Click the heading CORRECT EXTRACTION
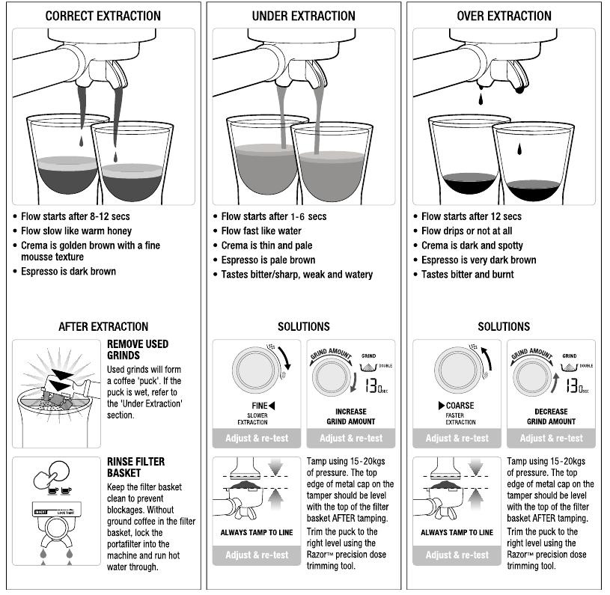coord(103,16)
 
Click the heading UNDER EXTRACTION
coord(303,16)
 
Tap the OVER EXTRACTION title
coord(504,16)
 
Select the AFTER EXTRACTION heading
coord(103,326)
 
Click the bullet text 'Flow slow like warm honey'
coord(76,231)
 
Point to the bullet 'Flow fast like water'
coord(261,231)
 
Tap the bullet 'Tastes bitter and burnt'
coord(468,275)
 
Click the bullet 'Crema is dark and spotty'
coord(472,245)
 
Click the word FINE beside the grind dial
coord(260,406)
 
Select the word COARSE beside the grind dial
coord(460,406)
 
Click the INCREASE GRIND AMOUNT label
coord(351,416)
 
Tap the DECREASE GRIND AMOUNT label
coord(552,416)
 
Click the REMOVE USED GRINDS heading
coord(138,350)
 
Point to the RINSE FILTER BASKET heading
coord(135,467)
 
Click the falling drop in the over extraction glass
coord(519,148)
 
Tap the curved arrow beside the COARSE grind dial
coord(487,358)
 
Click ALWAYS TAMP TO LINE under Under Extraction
coord(257,532)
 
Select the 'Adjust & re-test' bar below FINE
coord(257,439)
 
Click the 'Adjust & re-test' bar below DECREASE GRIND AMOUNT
coord(552,439)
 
